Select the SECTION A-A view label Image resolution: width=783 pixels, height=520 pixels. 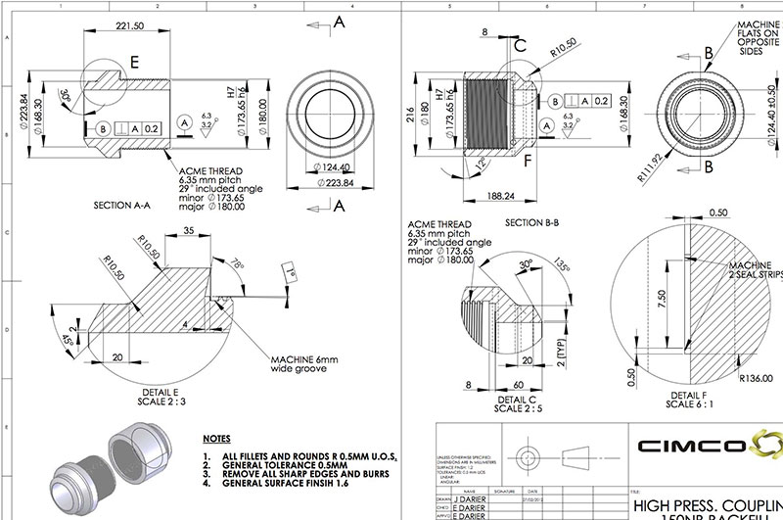(x=127, y=207)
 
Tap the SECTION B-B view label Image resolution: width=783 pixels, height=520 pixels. (x=531, y=222)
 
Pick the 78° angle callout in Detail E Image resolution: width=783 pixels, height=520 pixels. (x=240, y=263)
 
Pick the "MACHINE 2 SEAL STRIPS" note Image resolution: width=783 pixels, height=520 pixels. (x=752, y=271)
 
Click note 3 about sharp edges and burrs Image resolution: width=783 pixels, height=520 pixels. (x=276, y=474)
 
